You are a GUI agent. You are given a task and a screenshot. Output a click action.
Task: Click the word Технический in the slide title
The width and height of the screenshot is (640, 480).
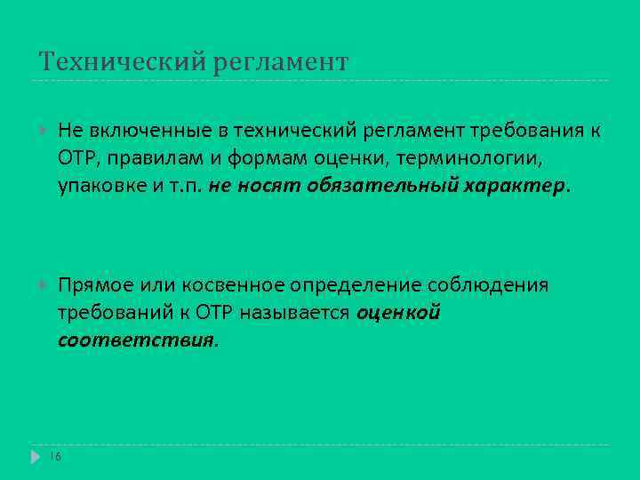[x=121, y=62]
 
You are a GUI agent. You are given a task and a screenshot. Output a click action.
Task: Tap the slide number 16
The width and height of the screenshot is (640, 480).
[x=55, y=456]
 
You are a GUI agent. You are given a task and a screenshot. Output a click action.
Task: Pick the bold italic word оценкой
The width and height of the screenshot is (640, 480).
[x=399, y=313]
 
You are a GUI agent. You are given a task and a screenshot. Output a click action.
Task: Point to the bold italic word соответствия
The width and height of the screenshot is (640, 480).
[x=135, y=340]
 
